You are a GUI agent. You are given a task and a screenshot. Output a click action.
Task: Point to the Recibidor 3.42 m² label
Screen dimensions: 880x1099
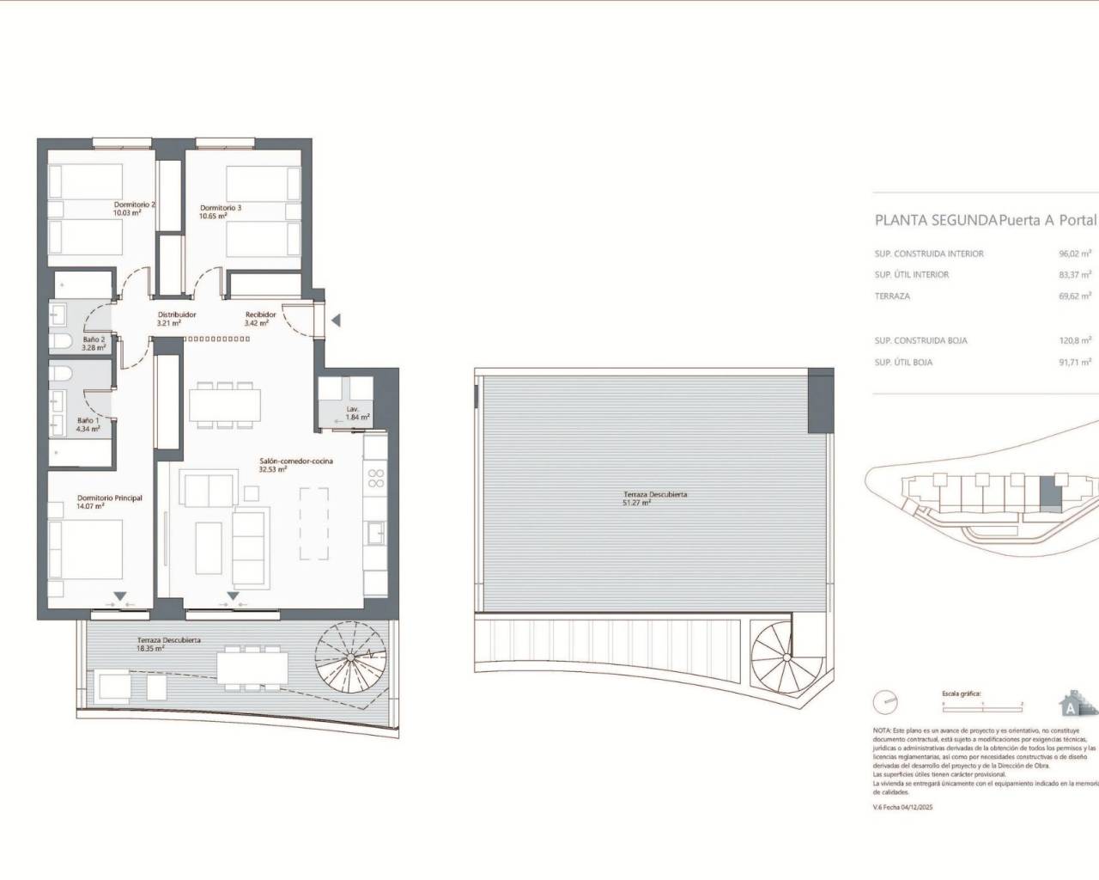[260, 319]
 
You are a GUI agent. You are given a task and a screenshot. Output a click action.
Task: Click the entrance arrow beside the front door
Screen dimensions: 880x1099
[337, 321]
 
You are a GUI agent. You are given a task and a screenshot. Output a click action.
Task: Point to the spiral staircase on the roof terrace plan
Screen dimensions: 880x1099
[780, 654]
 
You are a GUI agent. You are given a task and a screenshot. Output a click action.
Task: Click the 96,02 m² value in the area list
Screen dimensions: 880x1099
[1074, 254]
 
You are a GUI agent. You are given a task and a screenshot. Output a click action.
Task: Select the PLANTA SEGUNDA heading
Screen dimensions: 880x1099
[935, 220]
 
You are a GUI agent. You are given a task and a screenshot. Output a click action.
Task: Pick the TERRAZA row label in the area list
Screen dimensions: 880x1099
[892, 296]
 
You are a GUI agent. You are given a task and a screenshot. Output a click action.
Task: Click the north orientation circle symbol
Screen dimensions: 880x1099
[884, 702]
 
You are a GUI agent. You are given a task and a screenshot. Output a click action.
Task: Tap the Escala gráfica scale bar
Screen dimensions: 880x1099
[982, 703]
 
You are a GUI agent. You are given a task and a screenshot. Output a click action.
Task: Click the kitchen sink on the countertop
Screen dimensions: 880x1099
[375, 533]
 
